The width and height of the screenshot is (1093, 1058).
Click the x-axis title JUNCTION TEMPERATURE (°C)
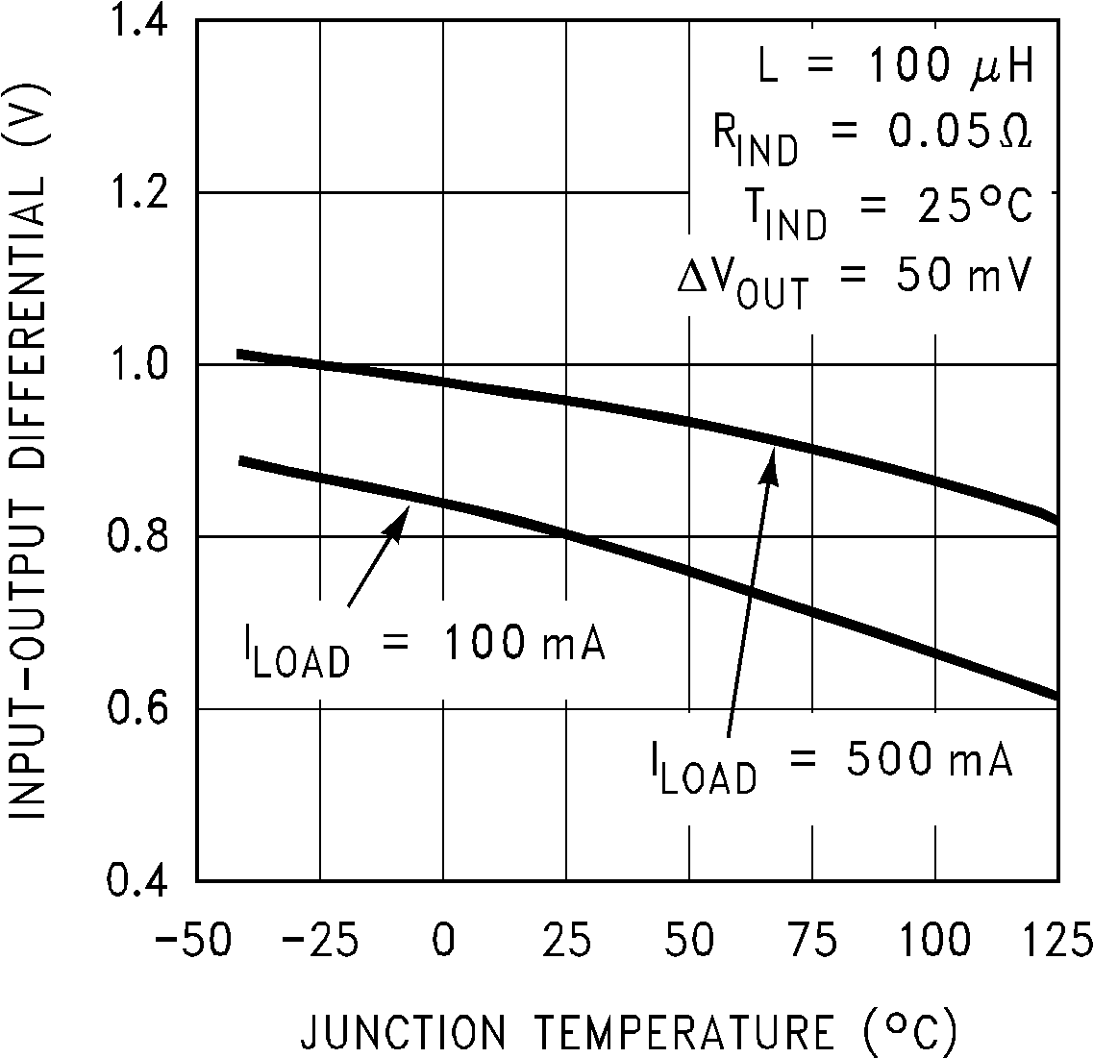(x=630, y=1033)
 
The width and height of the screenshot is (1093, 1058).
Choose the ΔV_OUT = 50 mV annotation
(x=853, y=280)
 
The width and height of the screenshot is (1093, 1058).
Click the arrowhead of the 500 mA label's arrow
(x=771, y=463)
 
